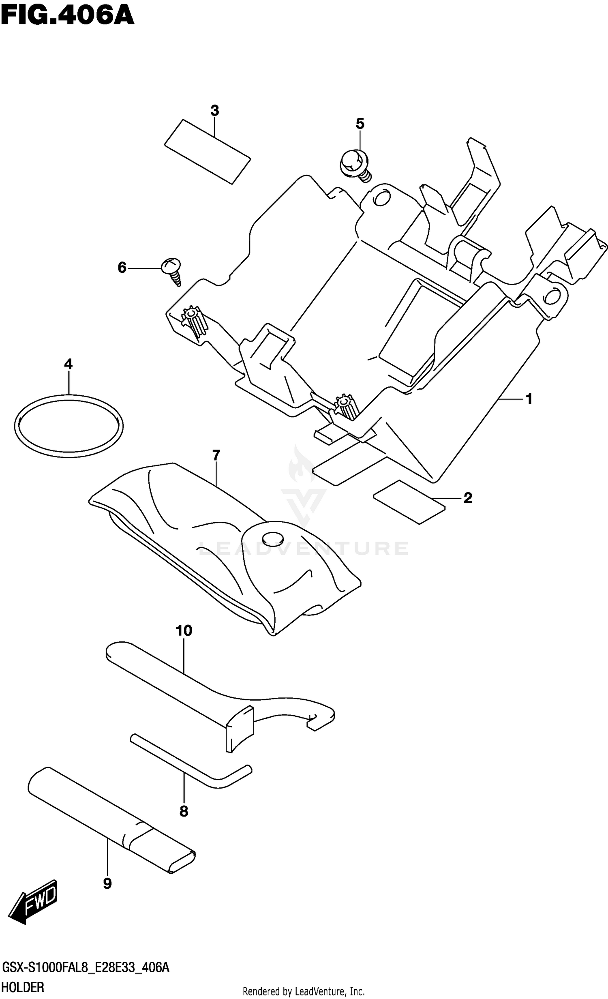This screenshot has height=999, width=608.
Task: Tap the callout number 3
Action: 215,110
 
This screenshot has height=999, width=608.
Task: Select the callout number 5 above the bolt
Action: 360,124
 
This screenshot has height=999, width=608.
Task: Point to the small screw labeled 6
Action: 172,270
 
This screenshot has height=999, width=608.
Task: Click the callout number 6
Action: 122,268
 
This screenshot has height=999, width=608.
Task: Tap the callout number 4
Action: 68,364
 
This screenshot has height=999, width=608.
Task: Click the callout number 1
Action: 529,399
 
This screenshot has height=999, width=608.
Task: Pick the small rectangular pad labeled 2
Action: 409,502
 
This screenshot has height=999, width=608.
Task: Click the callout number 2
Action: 468,498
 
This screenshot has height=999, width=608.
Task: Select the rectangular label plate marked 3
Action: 207,152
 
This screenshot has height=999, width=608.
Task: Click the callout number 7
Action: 216,455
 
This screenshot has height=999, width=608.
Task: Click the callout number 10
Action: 184,630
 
